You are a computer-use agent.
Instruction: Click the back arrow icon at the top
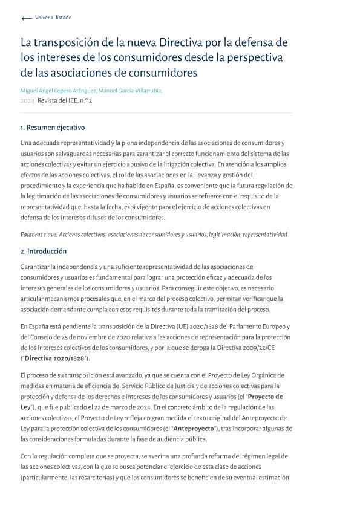point(26,19)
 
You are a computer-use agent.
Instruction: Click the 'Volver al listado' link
point(53,18)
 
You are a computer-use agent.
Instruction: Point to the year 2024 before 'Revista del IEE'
point(27,101)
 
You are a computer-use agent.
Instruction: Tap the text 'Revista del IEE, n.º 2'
point(65,101)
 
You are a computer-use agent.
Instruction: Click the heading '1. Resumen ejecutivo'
point(53,128)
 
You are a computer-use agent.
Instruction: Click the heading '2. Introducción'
point(44,251)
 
